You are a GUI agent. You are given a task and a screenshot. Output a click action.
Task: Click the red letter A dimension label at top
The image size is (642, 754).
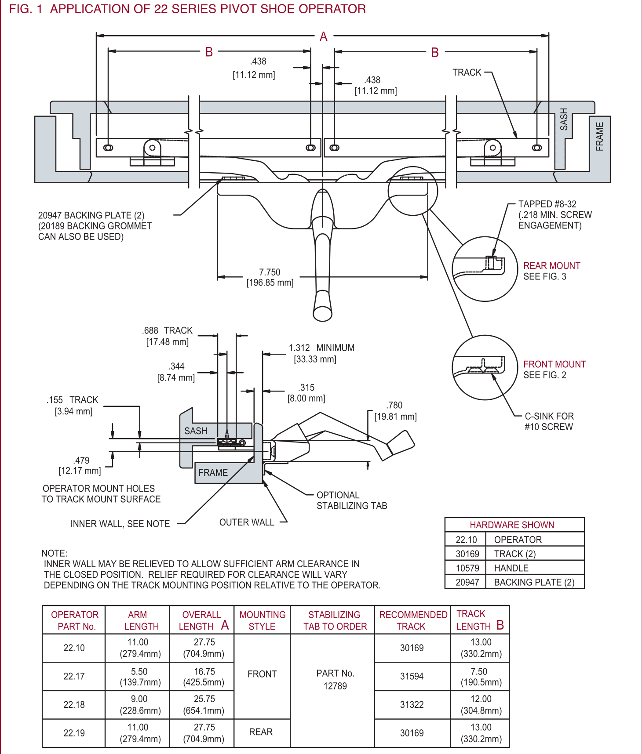tap(324, 37)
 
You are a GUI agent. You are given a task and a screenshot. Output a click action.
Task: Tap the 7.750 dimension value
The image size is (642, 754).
tap(270, 272)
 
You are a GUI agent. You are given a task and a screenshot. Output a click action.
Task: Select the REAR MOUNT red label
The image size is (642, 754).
tap(551, 266)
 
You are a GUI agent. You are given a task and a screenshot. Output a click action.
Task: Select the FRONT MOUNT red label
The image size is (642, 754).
tap(554, 364)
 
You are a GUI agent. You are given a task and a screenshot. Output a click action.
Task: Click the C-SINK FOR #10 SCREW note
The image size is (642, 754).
tap(549, 421)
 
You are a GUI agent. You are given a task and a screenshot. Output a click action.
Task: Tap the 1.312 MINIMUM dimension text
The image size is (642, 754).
tap(321, 348)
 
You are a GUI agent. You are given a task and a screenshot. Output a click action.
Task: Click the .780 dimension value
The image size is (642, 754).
tap(394, 406)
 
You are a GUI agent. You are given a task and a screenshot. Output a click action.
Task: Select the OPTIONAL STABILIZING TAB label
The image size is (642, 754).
tap(351, 500)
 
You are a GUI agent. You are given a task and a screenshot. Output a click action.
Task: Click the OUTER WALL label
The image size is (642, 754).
tap(247, 522)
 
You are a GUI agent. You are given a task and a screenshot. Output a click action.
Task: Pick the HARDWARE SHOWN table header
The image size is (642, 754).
tap(511, 525)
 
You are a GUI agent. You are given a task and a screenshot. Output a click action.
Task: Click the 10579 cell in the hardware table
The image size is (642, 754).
tap(467, 568)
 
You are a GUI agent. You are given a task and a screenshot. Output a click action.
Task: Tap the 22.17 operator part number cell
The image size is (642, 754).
tap(74, 676)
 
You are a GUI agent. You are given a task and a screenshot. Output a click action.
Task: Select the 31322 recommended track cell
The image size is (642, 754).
tap(412, 705)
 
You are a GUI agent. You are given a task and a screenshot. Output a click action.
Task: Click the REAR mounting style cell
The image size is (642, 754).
tap(261, 732)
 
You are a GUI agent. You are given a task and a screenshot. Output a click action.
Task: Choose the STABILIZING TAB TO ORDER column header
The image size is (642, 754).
tap(335, 620)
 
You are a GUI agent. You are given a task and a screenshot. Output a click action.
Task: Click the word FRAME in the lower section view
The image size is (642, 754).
tap(213, 473)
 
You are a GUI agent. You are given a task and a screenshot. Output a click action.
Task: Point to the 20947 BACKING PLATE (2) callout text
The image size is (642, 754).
tap(91, 215)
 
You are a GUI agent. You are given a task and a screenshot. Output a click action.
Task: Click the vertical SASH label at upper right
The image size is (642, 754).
tap(564, 119)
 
